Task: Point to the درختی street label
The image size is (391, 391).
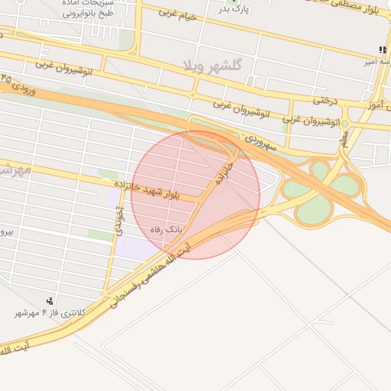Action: (325, 99)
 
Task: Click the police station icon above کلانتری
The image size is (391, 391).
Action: (50, 300)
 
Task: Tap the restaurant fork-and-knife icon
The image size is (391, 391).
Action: (382, 50)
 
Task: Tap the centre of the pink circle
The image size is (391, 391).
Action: (195, 195)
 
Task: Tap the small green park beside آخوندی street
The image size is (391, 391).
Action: (100, 235)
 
